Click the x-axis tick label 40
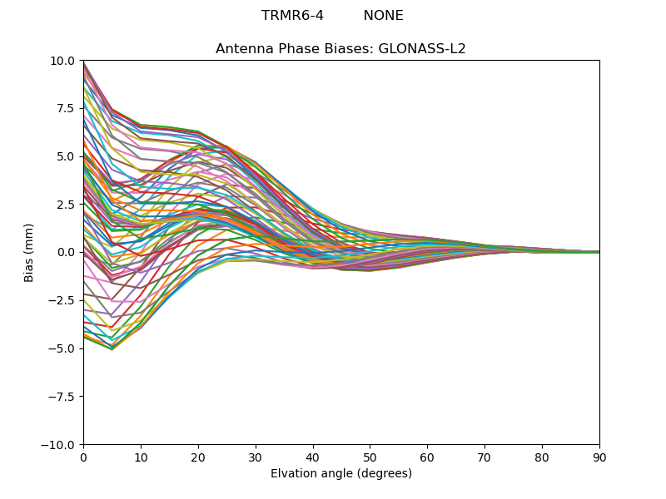(x=312, y=457)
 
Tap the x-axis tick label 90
(x=599, y=457)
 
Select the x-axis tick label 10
(x=141, y=457)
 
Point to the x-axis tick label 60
(x=427, y=457)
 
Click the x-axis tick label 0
(x=83, y=457)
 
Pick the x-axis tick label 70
(x=485, y=457)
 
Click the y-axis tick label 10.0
(x=63, y=61)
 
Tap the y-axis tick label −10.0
(x=59, y=445)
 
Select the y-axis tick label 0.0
(x=66, y=253)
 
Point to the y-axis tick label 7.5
(x=66, y=109)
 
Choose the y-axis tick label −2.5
(x=62, y=301)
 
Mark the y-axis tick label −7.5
(x=62, y=397)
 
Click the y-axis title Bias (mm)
(x=29, y=253)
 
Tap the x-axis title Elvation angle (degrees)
(x=341, y=474)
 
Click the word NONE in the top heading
(x=383, y=16)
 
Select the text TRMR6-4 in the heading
(x=292, y=16)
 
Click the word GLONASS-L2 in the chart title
(x=422, y=49)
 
